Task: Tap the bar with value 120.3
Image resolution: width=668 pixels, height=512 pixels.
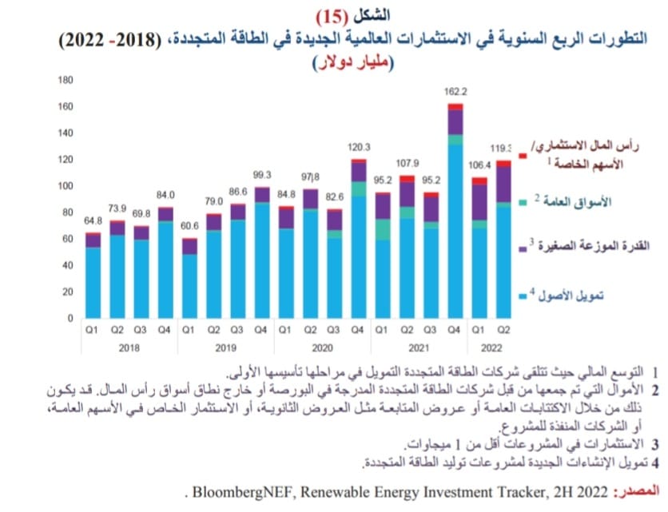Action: click(360, 240)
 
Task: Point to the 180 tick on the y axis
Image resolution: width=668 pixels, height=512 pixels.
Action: click(66, 80)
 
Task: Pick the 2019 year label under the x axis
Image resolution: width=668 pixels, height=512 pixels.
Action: click(225, 348)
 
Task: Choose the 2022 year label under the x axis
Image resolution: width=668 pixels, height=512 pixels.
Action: click(491, 348)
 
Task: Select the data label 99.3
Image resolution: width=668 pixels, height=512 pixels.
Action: click(263, 176)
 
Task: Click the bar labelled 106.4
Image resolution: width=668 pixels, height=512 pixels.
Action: click(479, 248)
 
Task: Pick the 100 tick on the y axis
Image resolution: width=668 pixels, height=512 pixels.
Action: click(66, 186)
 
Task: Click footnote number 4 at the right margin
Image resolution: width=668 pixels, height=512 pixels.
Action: click(655, 462)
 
